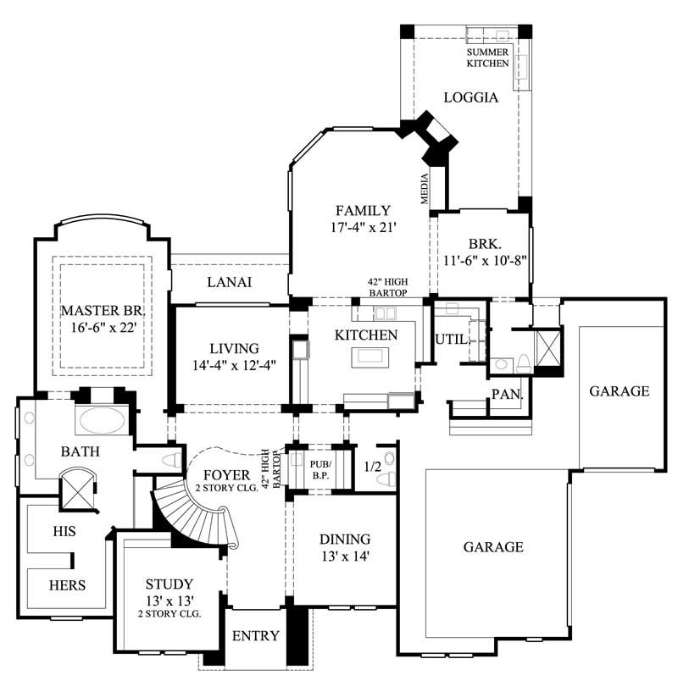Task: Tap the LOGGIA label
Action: [x=470, y=97]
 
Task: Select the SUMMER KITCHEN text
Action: [x=487, y=58]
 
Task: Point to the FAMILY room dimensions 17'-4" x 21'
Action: [x=363, y=228]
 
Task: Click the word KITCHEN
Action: [x=366, y=335]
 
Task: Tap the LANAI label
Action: [x=230, y=283]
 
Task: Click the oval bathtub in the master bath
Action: [x=101, y=418]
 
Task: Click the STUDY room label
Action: [x=169, y=584]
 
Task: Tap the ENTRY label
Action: [x=256, y=636]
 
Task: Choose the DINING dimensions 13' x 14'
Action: [x=344, y=556]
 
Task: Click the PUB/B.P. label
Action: [x=320, y=470]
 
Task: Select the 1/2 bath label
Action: [x=370, y=467]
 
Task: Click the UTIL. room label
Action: [x=448, y=339]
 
